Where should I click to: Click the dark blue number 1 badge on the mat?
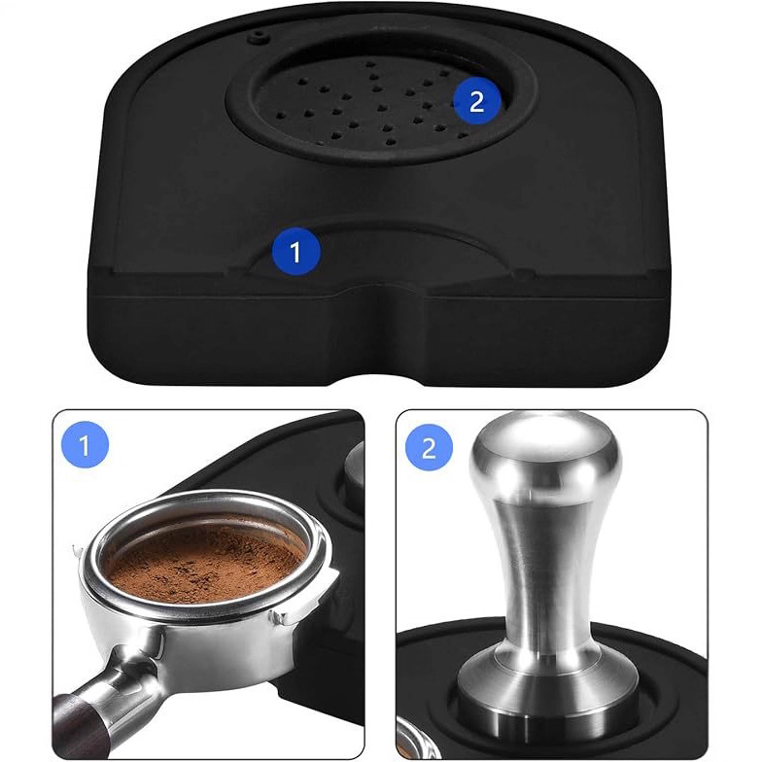(x=295, y=251)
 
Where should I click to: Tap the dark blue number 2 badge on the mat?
(x=476, y=101)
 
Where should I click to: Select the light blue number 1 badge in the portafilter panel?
(x=86, y=445)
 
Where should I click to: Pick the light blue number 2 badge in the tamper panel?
(x=430, y=448)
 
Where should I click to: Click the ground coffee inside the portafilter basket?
(x=206, y=564)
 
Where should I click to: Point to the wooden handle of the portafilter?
(x=80, y=724)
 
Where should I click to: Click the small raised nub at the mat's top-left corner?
(x=259, y=37)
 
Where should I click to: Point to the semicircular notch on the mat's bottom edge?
(x=379, y=380)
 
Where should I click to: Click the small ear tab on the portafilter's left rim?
(x=78, y=552)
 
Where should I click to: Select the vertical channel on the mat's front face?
(x=380, y=330)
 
